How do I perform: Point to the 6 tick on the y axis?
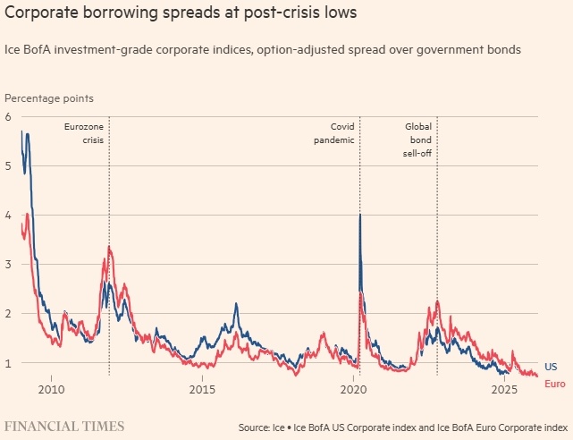pos(8,117)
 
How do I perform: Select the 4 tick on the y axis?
pos(8,216)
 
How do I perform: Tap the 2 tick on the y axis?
pos(8,314)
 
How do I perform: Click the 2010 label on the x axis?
pos(51,391)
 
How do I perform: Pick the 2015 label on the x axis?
pos(203,391)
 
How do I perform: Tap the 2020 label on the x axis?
pos(354,391)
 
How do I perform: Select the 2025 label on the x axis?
pos(505,391)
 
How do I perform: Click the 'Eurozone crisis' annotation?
pos(85,133)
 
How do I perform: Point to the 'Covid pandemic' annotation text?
pos(336,133)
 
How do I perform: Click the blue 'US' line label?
pos(551,368)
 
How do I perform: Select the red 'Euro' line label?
pos(554,383)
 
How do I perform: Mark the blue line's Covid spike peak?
pos(360,215)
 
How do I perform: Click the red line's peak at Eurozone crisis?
pos(109,247)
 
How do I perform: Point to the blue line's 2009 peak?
pos(28,134)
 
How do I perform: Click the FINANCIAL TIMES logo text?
pos(65,426)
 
